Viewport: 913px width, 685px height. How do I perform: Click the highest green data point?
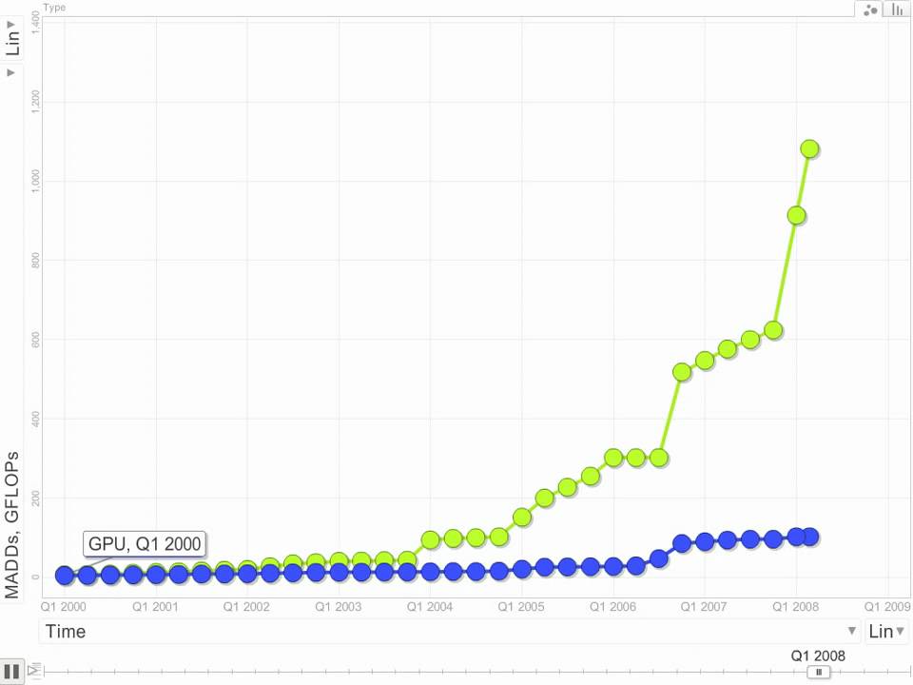point(809,148)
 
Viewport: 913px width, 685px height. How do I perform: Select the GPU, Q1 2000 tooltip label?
point(145,544)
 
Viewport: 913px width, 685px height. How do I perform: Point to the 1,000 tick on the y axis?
point(35,180)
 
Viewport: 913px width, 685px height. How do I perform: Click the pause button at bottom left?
point(11,670)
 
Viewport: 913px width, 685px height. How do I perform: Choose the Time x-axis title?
point(66,632)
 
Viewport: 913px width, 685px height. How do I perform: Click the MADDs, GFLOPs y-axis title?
point(12,523)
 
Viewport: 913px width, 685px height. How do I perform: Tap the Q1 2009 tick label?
point(886,605)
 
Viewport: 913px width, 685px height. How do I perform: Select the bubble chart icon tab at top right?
point(869,10)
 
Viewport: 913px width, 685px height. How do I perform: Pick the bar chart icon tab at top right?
point(897,10)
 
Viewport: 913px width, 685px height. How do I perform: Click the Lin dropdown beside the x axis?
point(886,632)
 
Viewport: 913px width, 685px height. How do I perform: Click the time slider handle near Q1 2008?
point(818,672)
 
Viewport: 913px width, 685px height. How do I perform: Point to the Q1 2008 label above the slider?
point(818,656)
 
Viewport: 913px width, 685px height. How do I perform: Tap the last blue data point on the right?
point(809,537)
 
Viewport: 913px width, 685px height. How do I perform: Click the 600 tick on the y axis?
point(35,339)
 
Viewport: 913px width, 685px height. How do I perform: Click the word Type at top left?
point(53,7)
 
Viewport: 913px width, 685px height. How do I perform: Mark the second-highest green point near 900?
point(796,215)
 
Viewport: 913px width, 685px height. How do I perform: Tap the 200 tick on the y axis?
point(35,498)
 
